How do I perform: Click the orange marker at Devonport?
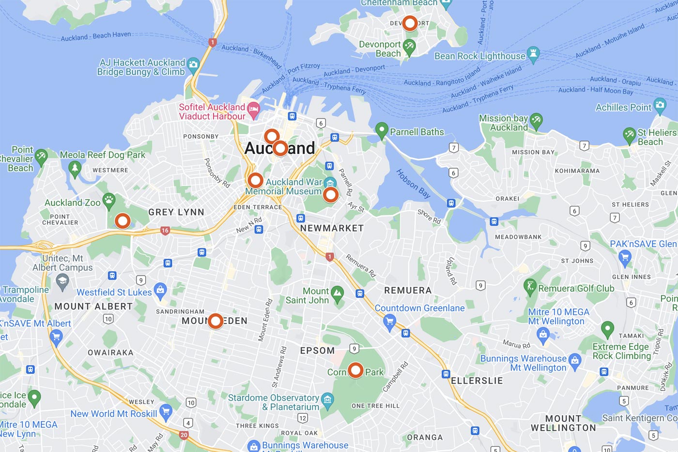[x=410, y=23]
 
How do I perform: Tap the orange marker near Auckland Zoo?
[x=123, y=221]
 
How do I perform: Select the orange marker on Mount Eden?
[x=216, y=321]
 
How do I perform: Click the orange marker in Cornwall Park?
[x=355, y=371]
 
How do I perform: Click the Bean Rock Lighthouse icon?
[x=533, y=53]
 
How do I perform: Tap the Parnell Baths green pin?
[x=382, y=129]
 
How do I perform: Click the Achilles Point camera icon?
[x=660, y=104]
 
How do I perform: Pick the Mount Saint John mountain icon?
[x=337, y=293]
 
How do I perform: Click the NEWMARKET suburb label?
[x=332, y=228]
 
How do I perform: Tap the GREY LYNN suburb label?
[x=176, y=212]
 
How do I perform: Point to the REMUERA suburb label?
[x=407, y=290]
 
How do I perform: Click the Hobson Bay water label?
[x=413, y=184]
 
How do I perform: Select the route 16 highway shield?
[x=165, y=231]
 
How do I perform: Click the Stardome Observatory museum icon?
[x=327, y=399]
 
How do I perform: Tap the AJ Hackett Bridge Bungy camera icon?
[x=193, y=64]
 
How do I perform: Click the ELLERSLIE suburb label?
[x=477, y=381]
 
